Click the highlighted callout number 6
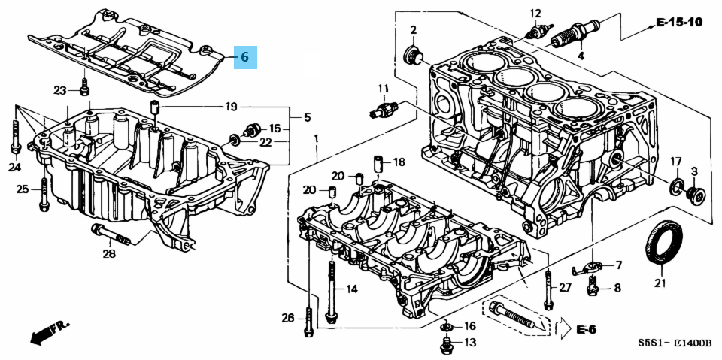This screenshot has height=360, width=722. click(244, 56)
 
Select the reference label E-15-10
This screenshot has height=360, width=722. click(678, 23)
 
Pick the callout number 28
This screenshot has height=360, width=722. click(109, 254)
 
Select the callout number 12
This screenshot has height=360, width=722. click(535, 13)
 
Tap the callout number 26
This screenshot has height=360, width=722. click(287, 318)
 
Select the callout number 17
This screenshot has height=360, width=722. click(675, 161)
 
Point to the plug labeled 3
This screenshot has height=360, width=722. click(696, 194)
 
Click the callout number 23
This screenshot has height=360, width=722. click(60, 91)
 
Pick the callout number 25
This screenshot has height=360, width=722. click(23, 189)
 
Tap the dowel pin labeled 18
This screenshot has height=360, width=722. click(379, 162)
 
